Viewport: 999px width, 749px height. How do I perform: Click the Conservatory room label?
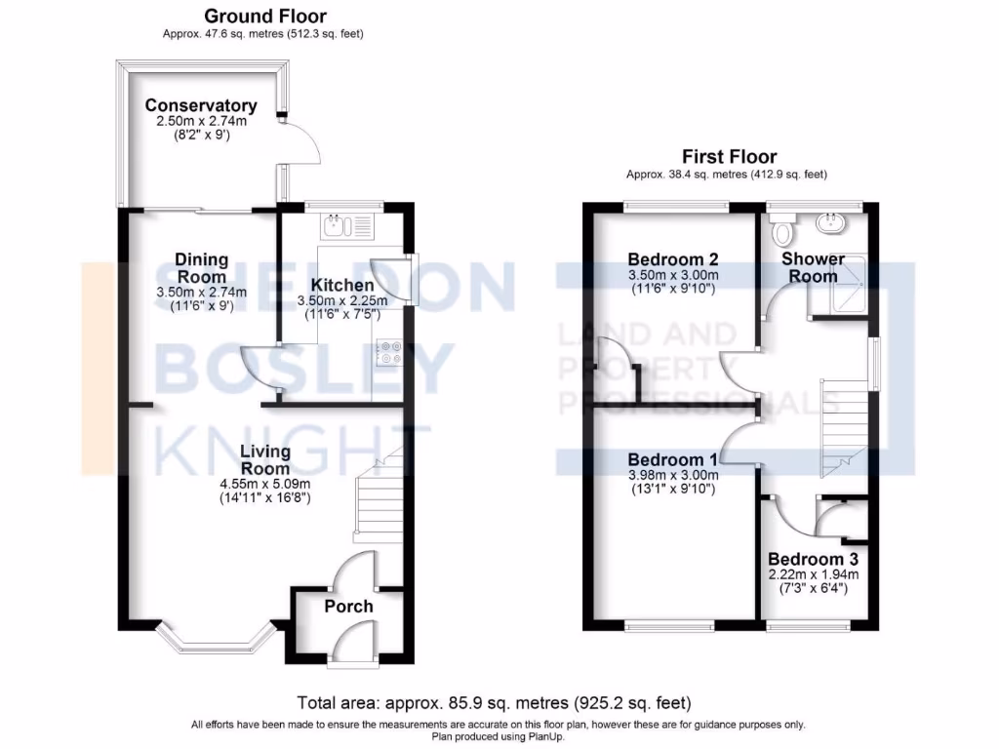point(201,105)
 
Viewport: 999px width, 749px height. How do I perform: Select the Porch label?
point(348,607)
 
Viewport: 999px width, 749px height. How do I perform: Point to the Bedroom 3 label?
point(813,559)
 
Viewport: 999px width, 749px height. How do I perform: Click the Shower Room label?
point(813,267)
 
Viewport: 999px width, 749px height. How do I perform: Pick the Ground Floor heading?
point(265,17)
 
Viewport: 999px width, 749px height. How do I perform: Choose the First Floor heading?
point(729,157)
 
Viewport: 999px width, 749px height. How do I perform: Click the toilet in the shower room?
point(782,232)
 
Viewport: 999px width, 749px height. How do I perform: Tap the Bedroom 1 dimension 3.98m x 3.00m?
point(673,476)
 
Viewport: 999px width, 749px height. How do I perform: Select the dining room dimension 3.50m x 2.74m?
point(202,292)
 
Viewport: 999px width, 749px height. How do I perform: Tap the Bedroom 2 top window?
point(676,205)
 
